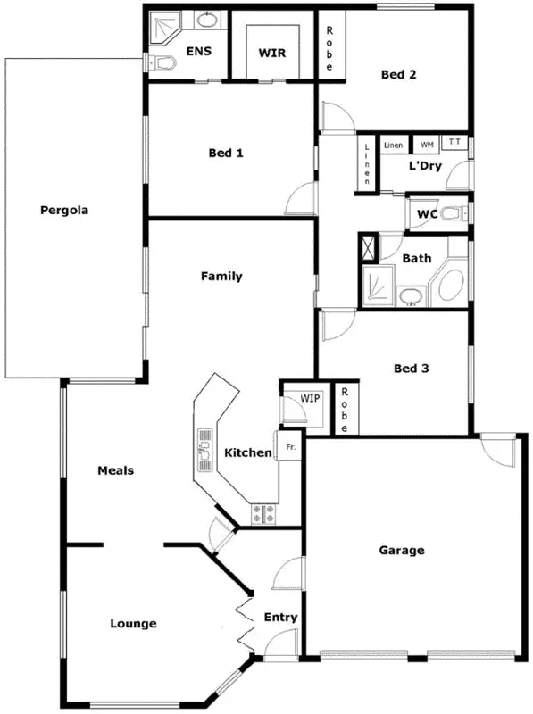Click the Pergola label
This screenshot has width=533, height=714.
click(x=62, y=211)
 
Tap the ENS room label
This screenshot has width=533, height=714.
click(x=198, y=51)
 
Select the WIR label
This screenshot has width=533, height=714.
click(x=271, y=54)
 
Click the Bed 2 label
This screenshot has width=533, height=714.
click(x=398, y=75)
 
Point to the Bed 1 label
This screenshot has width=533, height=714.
click(x=226, y=153)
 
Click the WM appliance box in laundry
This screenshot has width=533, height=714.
click(x=427, y=144)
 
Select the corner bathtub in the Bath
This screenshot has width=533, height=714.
click(x=450, y=285)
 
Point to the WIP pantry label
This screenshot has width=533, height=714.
click(x=310, y=398)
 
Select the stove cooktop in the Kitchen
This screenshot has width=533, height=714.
click(x=265, y=513)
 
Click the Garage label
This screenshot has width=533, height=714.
click(x=402, y=551)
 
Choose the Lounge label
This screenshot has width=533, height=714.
click(x=134, y=623)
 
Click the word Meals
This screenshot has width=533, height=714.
click(x=116, y=470)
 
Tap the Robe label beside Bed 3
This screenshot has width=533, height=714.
click(x=344, y=409)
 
